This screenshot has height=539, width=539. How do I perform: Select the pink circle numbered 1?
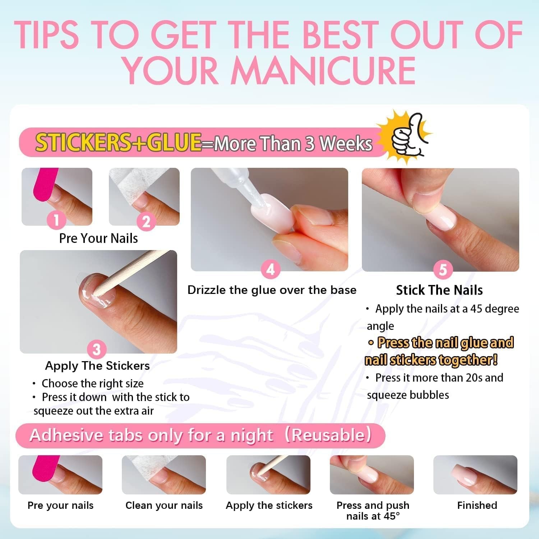tap(56, 219)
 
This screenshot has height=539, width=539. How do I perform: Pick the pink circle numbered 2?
tap(146, 221)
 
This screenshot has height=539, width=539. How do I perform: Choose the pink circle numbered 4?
tap(270, 269)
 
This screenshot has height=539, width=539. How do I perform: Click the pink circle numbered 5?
tap(443, 269)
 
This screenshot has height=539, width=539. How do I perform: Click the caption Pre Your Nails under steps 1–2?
tap(98, 238)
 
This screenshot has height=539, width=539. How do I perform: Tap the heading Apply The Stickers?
tap(97, 366)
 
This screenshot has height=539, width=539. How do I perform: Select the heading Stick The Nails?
tap(439, 290)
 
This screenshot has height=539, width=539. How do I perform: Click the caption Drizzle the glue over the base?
tap(272, 290)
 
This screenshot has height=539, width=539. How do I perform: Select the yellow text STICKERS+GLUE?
tap(118, 142)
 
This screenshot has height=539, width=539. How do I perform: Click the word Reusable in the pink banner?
tap(329, 435)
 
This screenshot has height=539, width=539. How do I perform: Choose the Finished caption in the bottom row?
tap(477, 505)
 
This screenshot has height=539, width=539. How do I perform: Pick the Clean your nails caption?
tap(164, 506)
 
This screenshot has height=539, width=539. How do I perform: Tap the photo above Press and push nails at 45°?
tap(372, 475)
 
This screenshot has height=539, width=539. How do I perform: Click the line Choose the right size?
tap(93, 383)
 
